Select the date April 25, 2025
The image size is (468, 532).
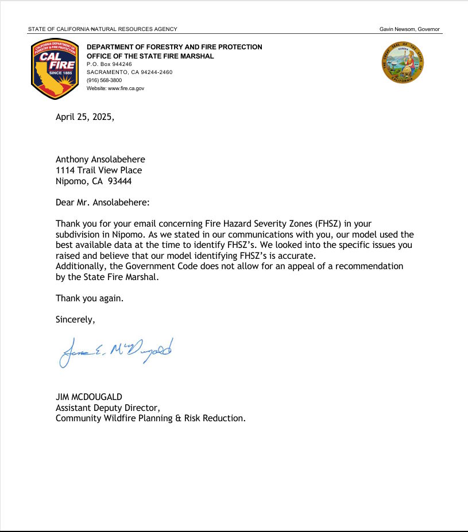click(84, 117)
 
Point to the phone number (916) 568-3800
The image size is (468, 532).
click(104, 80)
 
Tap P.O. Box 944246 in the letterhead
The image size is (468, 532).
click(109, 64)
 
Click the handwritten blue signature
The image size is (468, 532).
click(115, 351)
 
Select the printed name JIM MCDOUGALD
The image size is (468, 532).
click(89, 397)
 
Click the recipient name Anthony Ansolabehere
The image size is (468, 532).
click(100, 160)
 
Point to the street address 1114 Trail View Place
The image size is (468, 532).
click(99, 170)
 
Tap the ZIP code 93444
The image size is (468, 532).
click(127, 181)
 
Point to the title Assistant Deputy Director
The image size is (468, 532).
click(107, 407)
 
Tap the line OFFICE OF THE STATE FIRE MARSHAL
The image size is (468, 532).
click(150, 56)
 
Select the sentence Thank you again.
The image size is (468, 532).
click(90, 298)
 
